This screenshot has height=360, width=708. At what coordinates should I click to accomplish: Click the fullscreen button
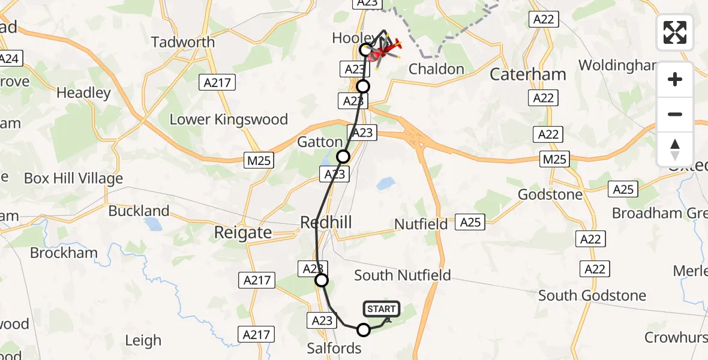[x=675, y=32]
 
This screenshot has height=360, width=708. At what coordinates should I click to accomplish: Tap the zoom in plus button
[x=675, y=79]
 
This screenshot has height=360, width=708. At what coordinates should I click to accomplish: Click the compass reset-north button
[x=675, y=149]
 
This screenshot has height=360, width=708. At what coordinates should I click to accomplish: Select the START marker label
[x=381, y=309]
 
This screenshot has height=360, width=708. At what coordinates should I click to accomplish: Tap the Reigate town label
[x=243, y=233]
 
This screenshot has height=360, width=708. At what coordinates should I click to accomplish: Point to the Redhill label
[x=326, y=223]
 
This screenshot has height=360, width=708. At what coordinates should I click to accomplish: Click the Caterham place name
[x=528, y=74]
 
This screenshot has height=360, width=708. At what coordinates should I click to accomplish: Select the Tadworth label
[x=183, y=42]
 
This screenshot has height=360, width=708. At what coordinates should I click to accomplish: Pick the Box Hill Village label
[x=73, y=178]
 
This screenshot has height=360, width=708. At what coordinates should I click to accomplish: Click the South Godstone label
[x=592, y=295]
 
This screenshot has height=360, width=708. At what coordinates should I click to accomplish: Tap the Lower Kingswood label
[x=229, y=119]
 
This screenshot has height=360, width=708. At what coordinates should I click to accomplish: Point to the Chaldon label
[x=436, y=69]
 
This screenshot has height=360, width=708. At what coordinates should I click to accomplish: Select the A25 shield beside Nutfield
[x=470, y=223]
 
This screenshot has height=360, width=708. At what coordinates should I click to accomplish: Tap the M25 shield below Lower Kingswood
[x=259, y=160]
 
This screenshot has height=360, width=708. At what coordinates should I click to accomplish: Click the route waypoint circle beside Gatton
[x=343, y=157]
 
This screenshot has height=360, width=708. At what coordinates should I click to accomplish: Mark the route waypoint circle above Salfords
[x=364, y=329]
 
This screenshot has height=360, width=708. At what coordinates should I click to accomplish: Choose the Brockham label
[x=64, y=253]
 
